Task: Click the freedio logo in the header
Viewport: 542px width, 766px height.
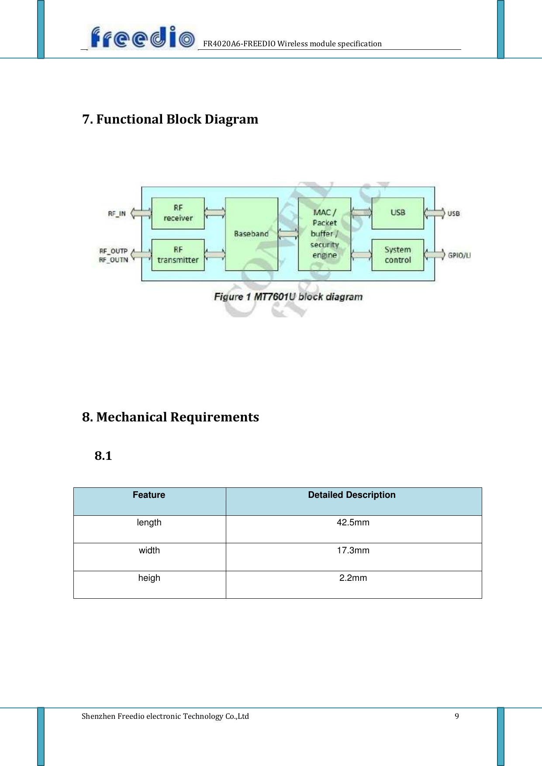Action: coord(142,38)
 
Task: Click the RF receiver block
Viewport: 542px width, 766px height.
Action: coord(178,213)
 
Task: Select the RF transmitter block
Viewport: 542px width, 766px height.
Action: coord(178,255)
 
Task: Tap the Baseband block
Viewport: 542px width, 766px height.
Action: coord(252,234)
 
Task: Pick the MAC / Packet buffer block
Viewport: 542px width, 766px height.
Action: coord(325,234)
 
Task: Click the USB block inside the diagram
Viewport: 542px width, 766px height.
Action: coord(398,213)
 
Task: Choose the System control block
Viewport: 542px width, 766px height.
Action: coord(398,255)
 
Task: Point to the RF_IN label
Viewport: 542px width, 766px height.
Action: coord(117,214)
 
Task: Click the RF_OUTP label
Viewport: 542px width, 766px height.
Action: coord(113,251)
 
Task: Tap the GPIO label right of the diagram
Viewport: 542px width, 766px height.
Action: coord(459,255)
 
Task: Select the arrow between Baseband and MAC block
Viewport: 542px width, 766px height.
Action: coord(288,234)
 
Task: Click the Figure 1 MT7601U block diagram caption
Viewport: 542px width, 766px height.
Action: coord(288,297)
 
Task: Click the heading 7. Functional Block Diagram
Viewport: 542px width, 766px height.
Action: coord(170,119)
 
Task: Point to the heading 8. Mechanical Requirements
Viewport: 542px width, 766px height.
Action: coord(171,417)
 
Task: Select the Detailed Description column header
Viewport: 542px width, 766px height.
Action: coord(352,495)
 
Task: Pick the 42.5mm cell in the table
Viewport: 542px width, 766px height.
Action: coord(353,523)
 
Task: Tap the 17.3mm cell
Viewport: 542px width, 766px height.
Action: coord(353,551)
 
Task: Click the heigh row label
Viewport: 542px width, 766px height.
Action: coord(149,578)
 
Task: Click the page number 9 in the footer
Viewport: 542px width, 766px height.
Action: coord(457,716)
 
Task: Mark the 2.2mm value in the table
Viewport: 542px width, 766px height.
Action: coord(353,578)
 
